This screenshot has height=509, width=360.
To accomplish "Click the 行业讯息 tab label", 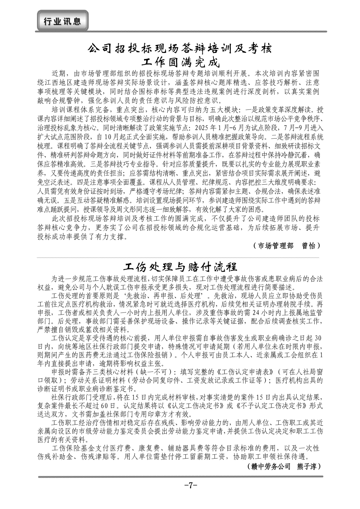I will [63, 21].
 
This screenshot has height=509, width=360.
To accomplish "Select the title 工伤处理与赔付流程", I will [180, 267].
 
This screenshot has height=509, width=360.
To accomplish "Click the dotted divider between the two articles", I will [180, 258].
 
